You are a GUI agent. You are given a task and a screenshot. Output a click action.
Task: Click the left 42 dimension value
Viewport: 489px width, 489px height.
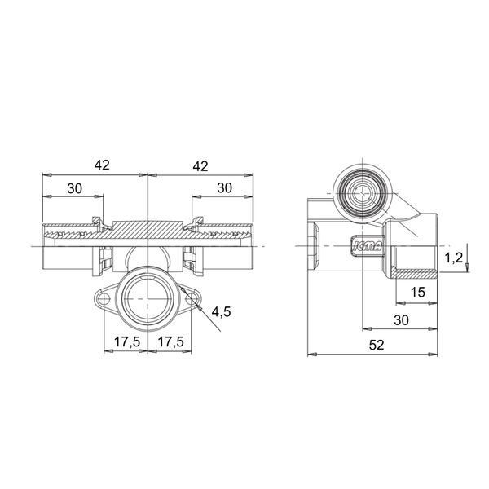tap(102, 165)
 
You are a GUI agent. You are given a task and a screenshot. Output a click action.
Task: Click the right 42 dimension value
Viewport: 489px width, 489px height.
tap(200, 166)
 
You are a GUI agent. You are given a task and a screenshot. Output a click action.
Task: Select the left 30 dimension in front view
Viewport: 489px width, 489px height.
tap(75, 188)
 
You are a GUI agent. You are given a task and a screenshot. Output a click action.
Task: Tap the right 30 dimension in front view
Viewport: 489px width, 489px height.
tap(225, 188)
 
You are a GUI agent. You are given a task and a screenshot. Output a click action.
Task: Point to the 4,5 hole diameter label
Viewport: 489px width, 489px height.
tap(221, 311)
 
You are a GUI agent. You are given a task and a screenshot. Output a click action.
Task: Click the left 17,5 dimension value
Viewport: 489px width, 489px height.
tap(127, 341)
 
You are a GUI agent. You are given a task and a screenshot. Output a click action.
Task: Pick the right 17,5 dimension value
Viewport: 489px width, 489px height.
tap(170, 341)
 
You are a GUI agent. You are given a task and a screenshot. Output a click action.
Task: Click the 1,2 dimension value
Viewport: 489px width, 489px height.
tap(454, 258)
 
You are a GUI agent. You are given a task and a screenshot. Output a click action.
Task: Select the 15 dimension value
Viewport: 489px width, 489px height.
tap(417, 293)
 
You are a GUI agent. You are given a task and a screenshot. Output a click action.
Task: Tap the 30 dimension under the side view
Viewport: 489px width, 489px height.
tap(401, 320)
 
